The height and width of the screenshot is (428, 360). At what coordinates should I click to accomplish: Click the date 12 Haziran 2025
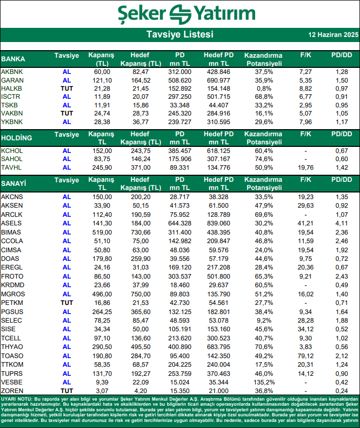[333, 35]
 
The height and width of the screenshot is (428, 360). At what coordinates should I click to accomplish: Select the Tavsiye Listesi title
[180, 34]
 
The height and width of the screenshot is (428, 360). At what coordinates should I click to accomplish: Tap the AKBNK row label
[12, 72]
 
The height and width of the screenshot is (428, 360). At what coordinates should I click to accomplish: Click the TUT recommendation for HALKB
[67, 89]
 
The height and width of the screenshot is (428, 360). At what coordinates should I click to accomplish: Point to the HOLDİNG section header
[17, 138]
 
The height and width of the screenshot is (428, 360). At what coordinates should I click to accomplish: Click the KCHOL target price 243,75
[140, 151]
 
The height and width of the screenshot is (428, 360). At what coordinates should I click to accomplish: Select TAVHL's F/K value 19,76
[304, 167]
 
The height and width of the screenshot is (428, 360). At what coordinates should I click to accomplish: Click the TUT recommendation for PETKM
[67, 302]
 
